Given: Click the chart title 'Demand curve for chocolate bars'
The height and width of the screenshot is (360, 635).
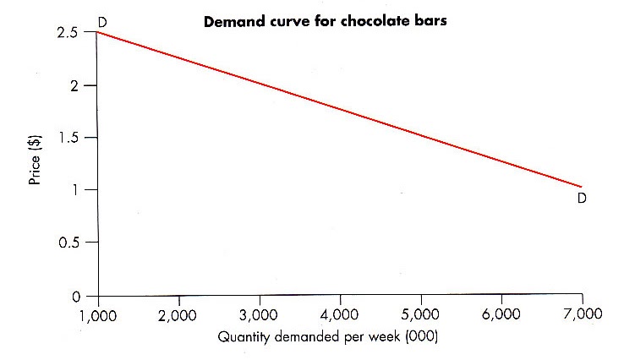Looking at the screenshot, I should [x=326, y=21].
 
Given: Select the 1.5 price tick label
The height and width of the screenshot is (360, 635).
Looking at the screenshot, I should [x=68, y=137].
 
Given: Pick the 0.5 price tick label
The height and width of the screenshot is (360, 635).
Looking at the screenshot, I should [x=68, y=243].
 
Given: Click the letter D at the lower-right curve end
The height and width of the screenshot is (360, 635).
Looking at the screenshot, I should [x=582, y=199].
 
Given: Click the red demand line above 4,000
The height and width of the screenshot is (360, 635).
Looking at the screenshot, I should [x=341, y=109].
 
